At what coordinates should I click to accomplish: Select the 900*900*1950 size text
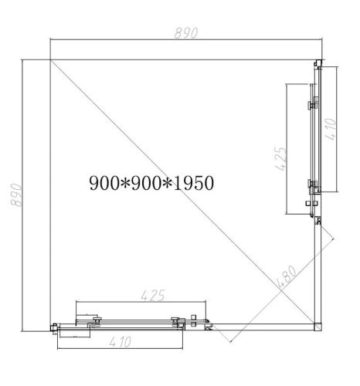[x=151, y=183]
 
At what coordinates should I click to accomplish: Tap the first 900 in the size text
[x=103, y=183]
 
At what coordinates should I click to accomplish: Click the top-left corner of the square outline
[x=50, y=60]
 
